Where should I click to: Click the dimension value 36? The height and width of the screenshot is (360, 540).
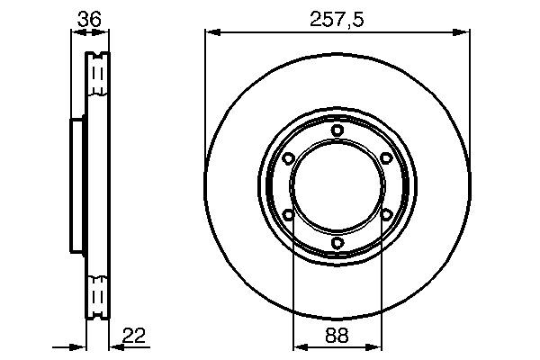click(88, 17)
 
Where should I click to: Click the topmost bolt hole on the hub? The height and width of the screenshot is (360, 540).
click(337, 130)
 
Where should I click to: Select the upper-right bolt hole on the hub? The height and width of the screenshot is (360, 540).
click(385, 158)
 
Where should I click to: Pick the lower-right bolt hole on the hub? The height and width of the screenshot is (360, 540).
click(385, 214)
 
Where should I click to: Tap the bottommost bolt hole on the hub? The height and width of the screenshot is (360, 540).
click(337, 243)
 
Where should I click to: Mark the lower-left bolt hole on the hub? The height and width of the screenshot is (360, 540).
click(288, 214)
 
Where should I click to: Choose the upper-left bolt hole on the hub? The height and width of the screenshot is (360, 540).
click(288, 158)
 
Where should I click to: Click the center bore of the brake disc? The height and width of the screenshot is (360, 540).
click(337, 186)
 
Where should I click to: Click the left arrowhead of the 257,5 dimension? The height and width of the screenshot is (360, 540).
click(211, 33)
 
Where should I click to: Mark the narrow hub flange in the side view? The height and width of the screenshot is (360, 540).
click(77, 186)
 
